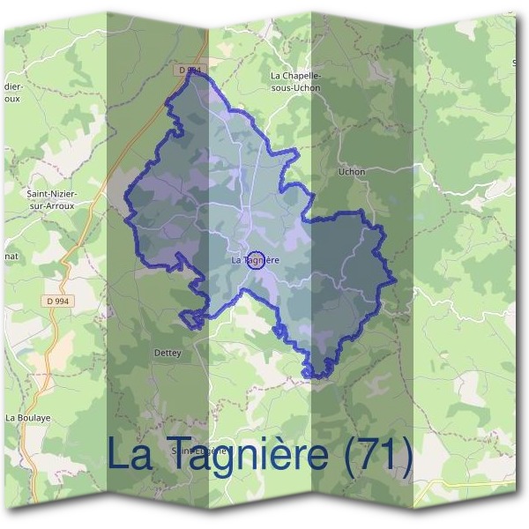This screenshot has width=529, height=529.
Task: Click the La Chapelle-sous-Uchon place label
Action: pyautogui.click(x=295, y=82)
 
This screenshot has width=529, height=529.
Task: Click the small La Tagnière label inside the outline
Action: pyautogui.click(x=255, y=260)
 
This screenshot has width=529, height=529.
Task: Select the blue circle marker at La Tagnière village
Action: pyautogui.click(x=256, y=259)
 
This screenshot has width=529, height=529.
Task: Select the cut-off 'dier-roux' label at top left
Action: pyautogui.click(x=11, y=93)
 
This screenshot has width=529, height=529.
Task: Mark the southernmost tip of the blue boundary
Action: pyautogui.click(x=310, y=376)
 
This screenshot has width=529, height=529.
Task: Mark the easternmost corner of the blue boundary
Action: pyautogui.click(x=395, y=283)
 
